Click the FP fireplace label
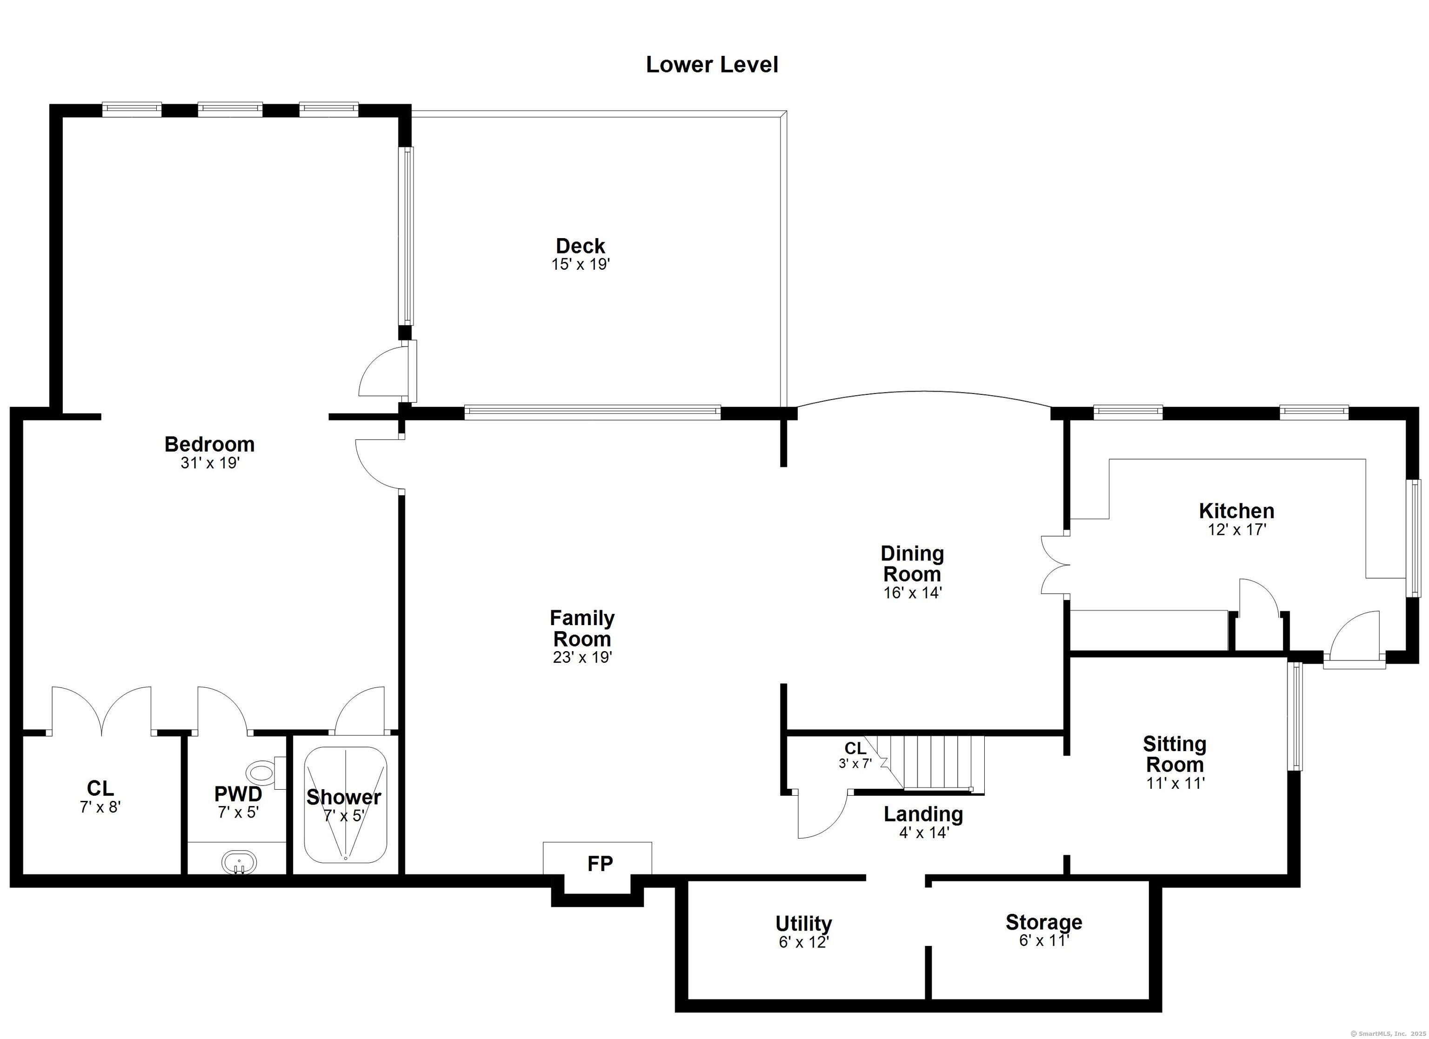(x=600, y=863)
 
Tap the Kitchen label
(x=1236, y=510)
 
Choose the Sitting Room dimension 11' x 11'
(x=1175, y=783)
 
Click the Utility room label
(x=803, y=924)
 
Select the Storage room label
(x=1043, y=922)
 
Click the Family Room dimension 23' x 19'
(x=582, y=657)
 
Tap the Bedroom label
(x=209, y=444)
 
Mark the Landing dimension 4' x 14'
(x=924, y=833)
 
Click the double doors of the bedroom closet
(x=101, y=711)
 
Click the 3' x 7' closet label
(x=855, y=755)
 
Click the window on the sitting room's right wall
(x=1295, y=716)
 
